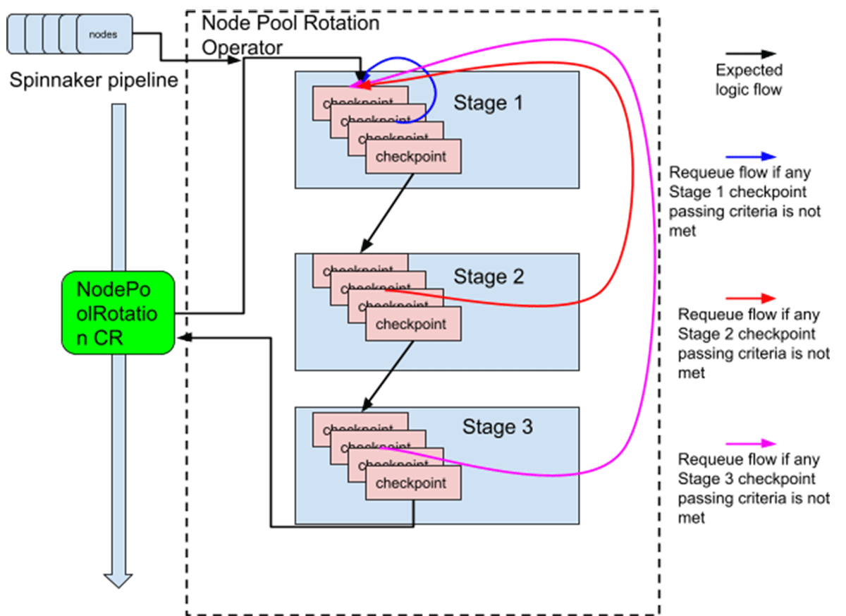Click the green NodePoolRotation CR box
point(118,312)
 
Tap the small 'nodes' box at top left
point(104,33)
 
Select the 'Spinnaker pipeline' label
point(94,80)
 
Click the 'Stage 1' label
point(489,104)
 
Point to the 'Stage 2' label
point(489,277)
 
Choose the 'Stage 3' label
point(498,427)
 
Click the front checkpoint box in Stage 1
point(412,156)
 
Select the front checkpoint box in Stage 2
point(412,325)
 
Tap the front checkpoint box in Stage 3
point(412,483)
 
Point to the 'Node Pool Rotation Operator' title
point(290,35)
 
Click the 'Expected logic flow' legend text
point(749,80)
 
